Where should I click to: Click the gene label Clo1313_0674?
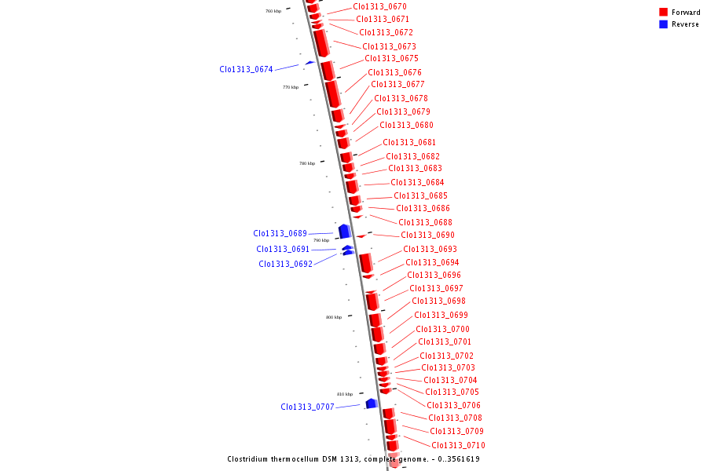pos(246,69)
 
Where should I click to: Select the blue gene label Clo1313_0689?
pos(280,233)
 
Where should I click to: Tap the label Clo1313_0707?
pos(307,407)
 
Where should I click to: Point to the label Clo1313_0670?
pos(379,6)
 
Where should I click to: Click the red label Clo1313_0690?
pos(427,235)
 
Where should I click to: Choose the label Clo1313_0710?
pos(458,445)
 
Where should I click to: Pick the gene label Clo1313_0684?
pos(417,182)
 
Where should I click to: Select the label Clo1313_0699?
pos(441,315)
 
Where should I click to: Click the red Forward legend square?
pos(663,12)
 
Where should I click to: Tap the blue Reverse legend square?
pos(663,24)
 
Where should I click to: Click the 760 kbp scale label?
pos(273,11)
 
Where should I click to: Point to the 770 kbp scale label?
pos(291,87)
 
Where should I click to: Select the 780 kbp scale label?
pos(307,163)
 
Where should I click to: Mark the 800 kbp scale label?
pos(334,317)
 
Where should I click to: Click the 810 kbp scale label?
pos(345,394)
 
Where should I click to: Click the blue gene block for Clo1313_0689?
pos(344,231)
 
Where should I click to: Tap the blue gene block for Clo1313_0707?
pos(372,403)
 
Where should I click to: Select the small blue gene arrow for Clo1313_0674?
pos(310,62)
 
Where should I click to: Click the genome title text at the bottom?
pos(353,458)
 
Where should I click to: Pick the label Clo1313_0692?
pos(285,264)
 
